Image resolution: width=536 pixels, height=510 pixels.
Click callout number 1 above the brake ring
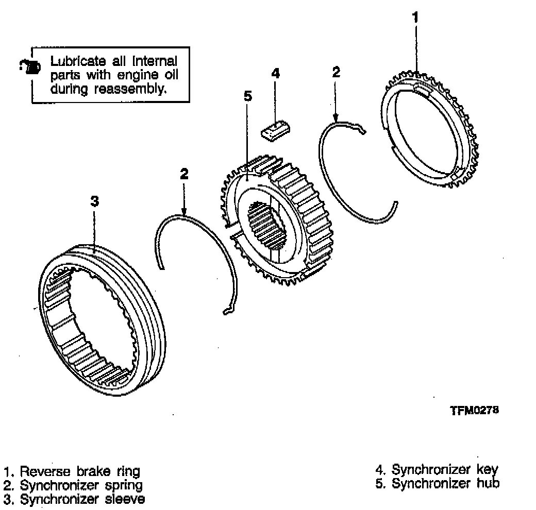415,18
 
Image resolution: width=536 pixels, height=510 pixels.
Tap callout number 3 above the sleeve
94,201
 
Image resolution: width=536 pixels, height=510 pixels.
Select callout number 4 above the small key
275,73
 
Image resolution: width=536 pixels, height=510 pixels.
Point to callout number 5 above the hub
247,96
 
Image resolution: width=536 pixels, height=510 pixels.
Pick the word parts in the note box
63,75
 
